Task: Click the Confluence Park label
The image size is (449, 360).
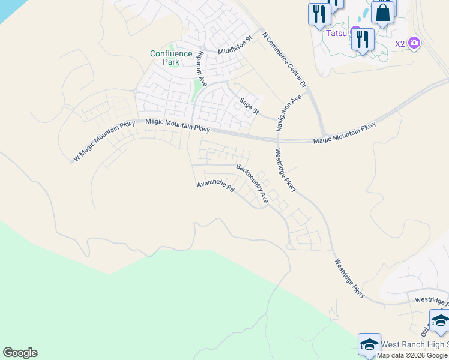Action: tap(171, 58)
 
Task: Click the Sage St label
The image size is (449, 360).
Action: tap(249, 106)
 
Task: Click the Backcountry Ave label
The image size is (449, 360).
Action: tap(252, 182)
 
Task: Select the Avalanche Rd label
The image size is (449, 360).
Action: tap(215, 187)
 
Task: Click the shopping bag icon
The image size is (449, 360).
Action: tap(382, 11)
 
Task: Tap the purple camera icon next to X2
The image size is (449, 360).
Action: tap(414, 43)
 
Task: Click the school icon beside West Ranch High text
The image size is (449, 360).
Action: tap(369, 344)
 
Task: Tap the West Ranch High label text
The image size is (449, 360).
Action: tap(414, 344)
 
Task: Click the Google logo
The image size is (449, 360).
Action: tap(20, 353)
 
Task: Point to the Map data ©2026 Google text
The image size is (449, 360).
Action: tap(412, 355)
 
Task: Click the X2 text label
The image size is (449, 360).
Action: tap(400, 43)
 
